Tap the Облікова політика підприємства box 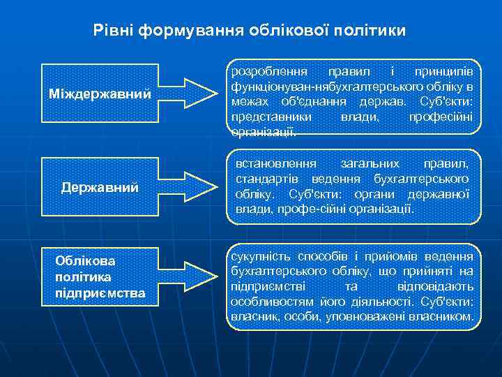click(x=100, y=276)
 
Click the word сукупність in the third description click(x=258, y=256)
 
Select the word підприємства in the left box click(x=100, y=293)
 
